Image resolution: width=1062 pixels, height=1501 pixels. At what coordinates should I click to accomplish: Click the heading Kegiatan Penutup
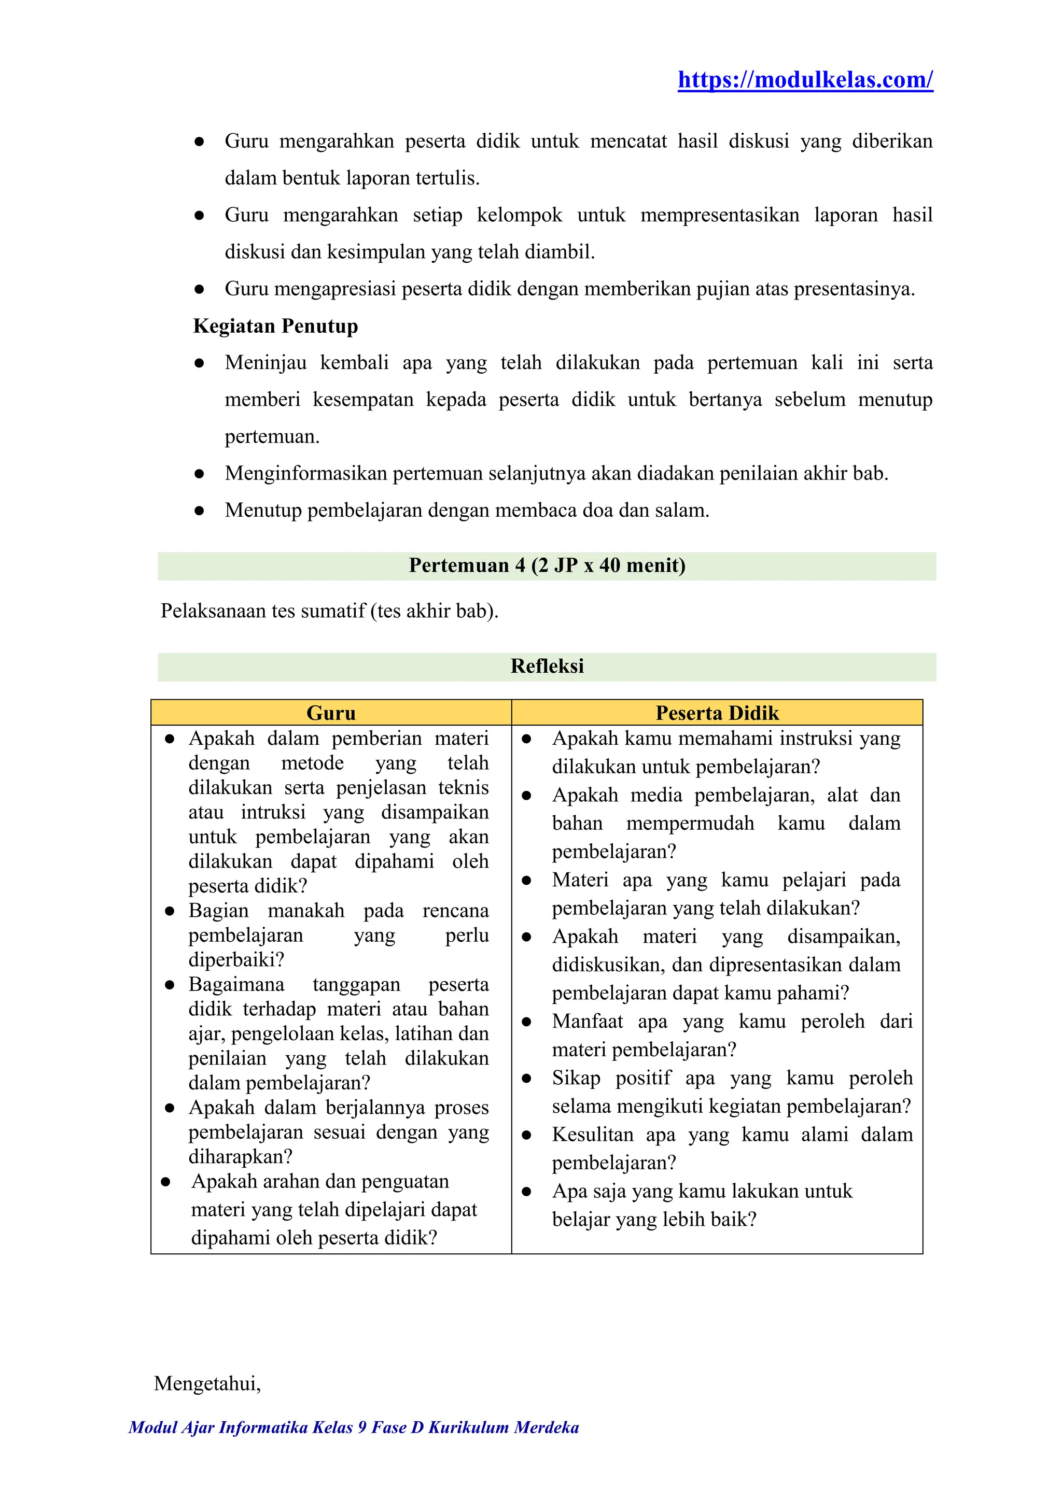pos(275,325)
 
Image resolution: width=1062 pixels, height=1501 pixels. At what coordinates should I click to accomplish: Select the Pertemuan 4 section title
pos(547,565)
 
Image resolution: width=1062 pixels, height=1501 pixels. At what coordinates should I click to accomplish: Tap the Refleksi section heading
pos(547,666)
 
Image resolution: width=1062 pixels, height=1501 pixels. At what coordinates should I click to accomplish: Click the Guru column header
pos(331,713)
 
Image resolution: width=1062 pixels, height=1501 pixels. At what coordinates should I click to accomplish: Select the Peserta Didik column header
pos(717,713)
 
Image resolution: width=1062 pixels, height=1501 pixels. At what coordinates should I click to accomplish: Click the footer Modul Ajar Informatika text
pos(353,1446)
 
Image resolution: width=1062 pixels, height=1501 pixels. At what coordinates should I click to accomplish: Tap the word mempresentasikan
pos(719,215)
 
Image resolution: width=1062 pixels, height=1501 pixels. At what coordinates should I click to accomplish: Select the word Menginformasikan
pos(305,473)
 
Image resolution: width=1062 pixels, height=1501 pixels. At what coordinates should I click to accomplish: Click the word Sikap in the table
pos(576,1078)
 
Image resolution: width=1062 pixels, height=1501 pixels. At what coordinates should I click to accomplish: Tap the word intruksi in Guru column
pos(273,812)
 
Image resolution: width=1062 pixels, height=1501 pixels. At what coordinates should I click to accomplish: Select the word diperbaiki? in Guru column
pos(236,960)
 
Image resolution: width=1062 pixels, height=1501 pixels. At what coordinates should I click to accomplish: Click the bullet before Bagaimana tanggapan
pos(170,985)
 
